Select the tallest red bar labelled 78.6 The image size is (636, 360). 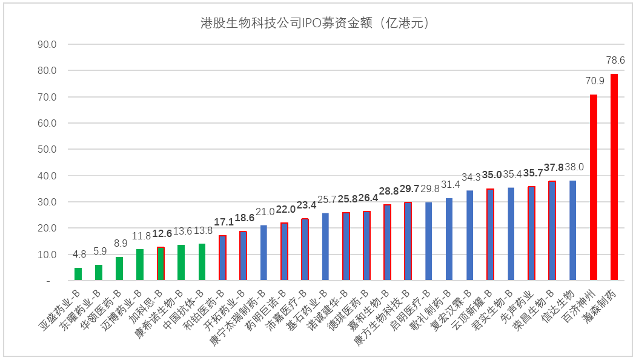[614, 177]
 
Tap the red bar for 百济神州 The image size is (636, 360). [594, 187]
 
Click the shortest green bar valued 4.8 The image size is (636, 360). [78, 274]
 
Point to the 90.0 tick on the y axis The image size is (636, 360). [47, 44]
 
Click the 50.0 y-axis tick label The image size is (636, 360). [47, 149]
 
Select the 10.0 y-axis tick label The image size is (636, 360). [47, 255]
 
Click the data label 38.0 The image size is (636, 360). [574, 167]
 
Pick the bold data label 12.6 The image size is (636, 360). [162, 233]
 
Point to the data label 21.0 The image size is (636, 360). [264, 212]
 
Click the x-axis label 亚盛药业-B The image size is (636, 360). [61, 309]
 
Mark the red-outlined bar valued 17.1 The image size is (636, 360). [222, 258]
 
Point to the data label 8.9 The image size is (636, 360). [119, 243]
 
